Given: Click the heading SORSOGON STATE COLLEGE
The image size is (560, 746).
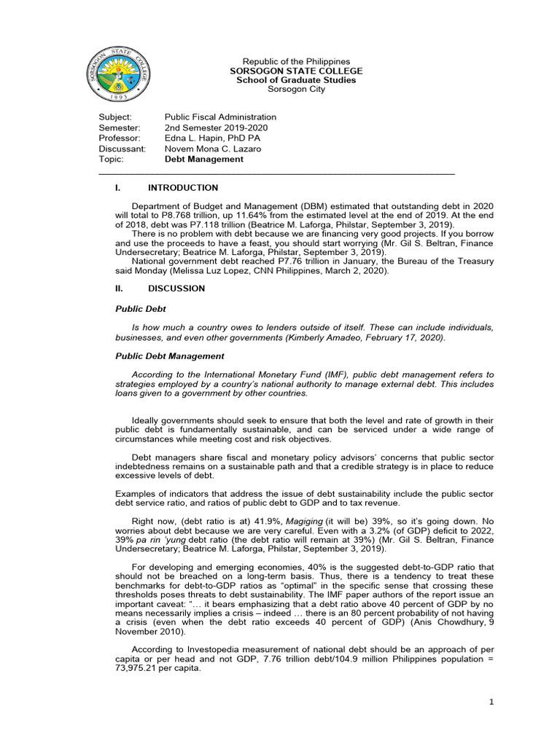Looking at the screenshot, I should (x=296, y=71).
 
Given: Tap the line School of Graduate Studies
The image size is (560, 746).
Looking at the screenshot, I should (x=296, y=80).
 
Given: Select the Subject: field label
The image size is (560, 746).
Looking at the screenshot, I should (x=115, y=117).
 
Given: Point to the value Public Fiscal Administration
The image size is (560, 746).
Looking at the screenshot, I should (x=220, y=117).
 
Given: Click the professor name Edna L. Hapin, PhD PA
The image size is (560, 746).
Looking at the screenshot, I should (x=212, y=138).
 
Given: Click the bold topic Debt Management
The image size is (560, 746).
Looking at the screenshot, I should (x=203, y=159).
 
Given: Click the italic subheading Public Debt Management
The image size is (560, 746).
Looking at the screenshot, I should (x=170, y=356).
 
